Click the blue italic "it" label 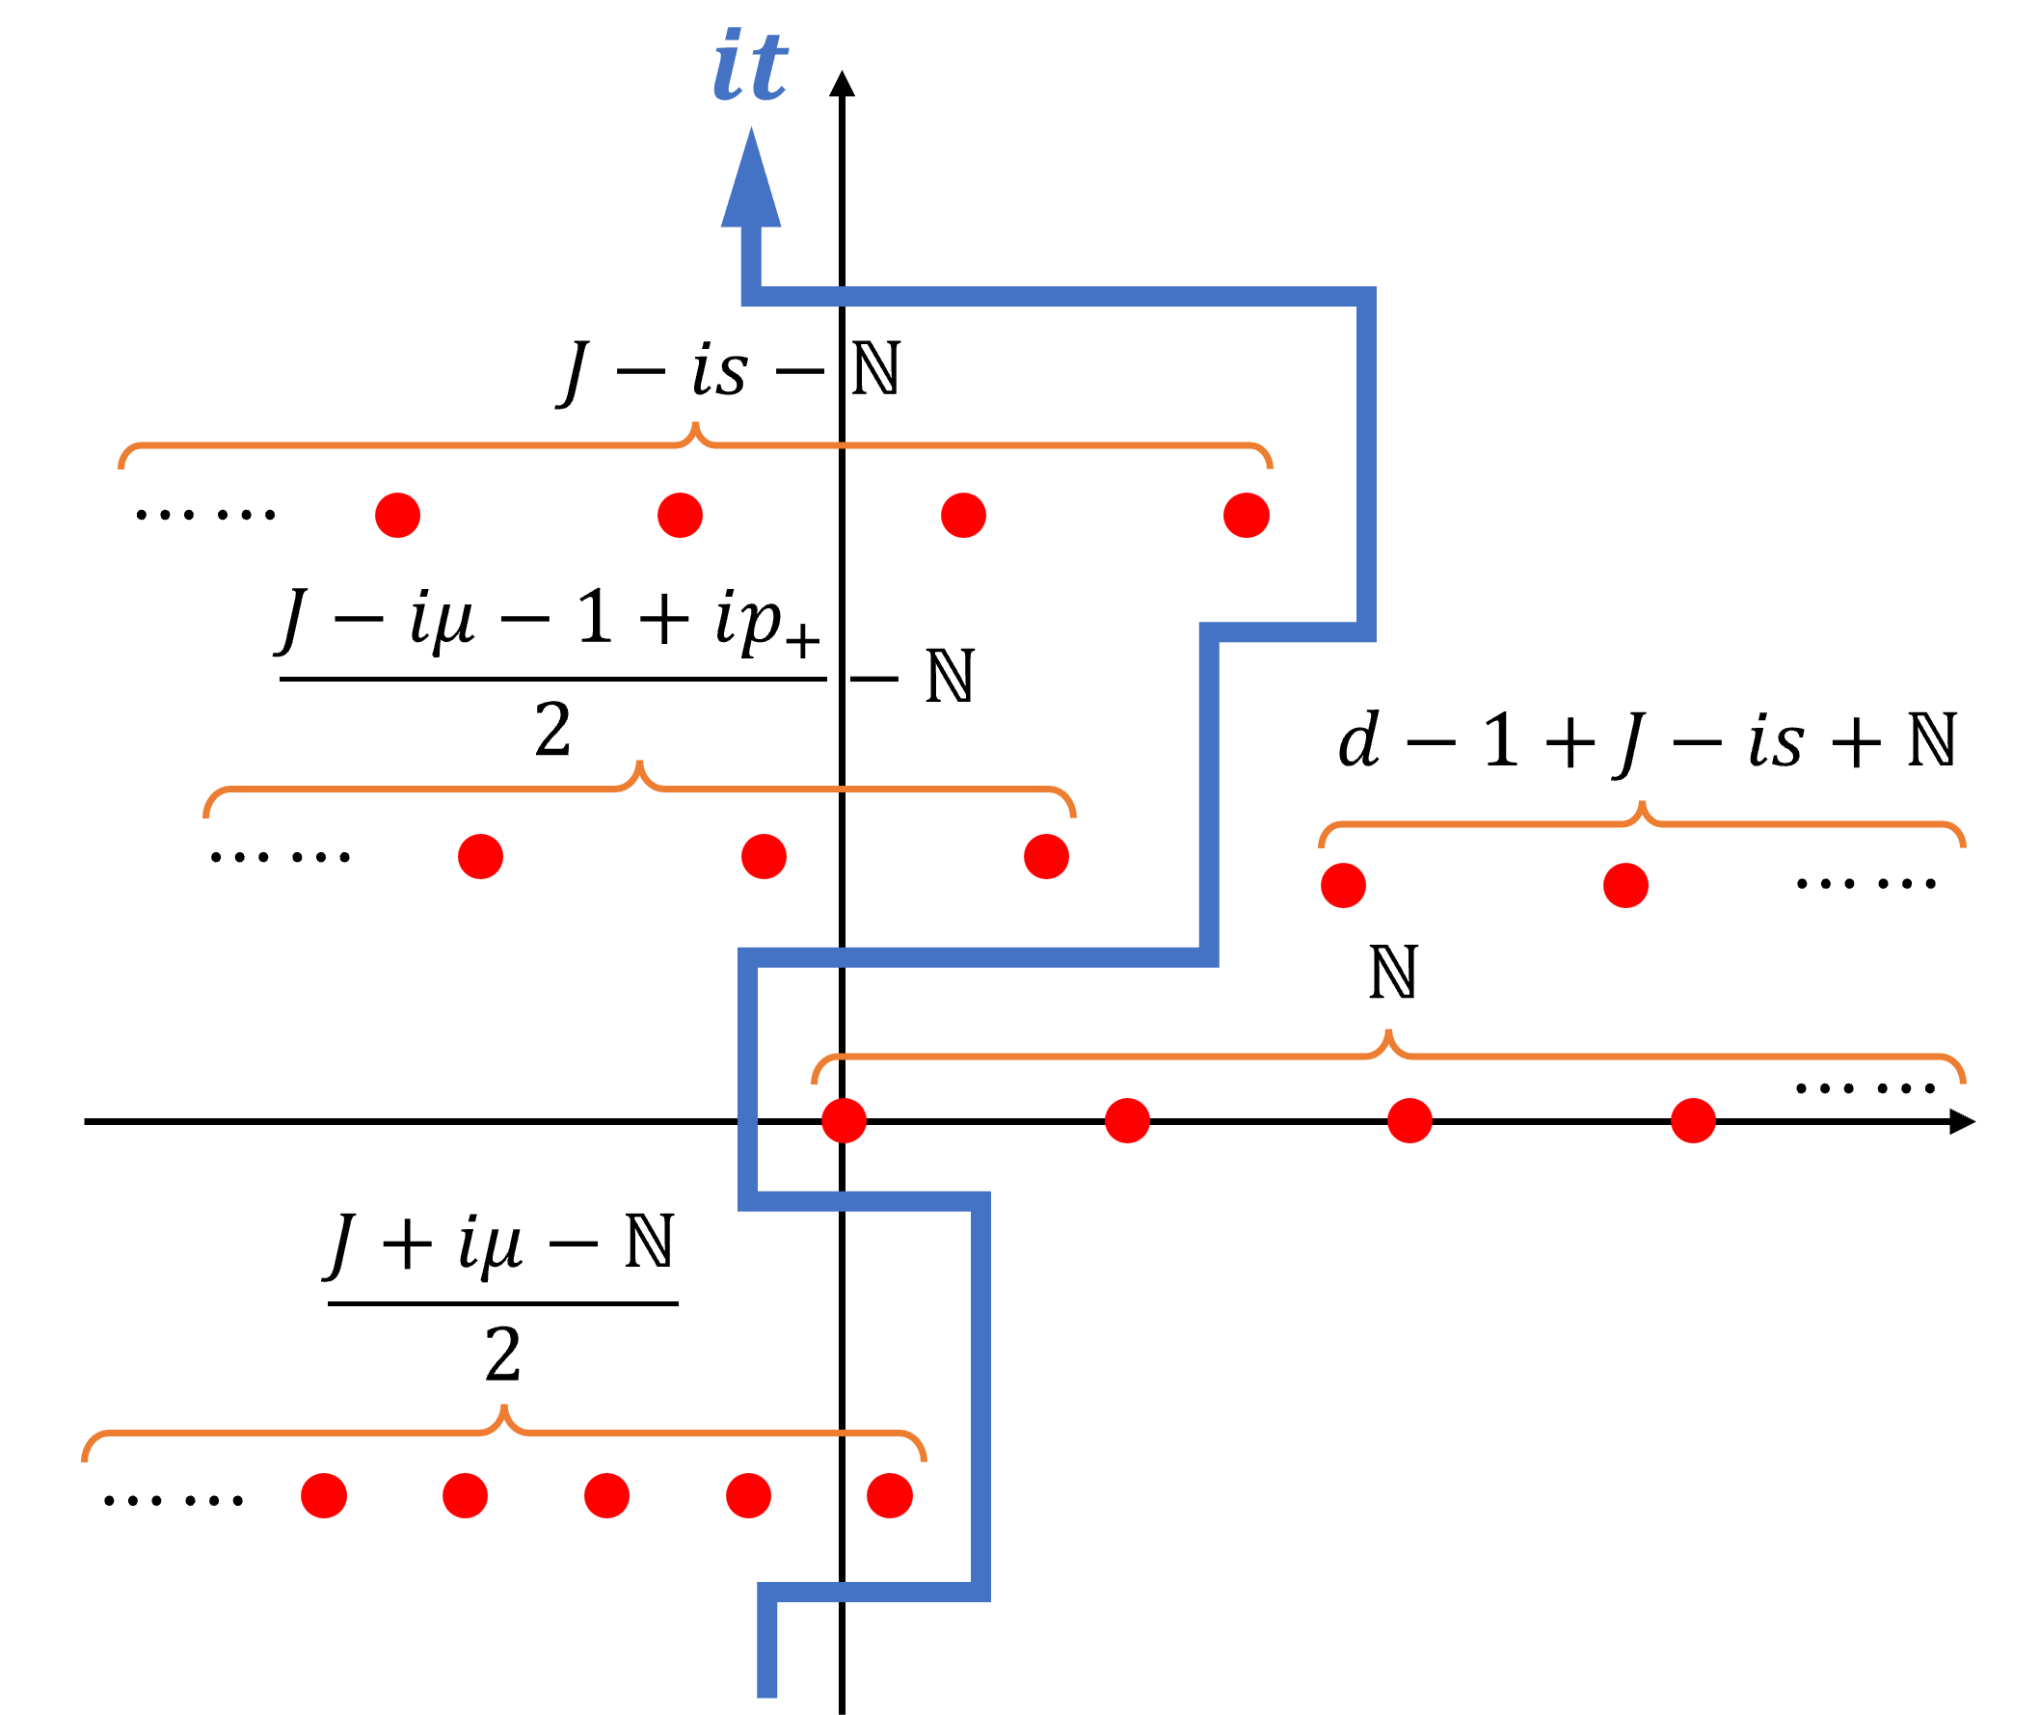tap(750, 67)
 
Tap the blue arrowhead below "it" tap(751, 185)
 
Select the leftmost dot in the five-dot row tap(324, 1495)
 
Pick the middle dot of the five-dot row tap(606, 1495)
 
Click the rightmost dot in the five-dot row tap(890, 1495)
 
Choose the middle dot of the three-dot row tap(764, 856)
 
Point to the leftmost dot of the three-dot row tap(480, 856)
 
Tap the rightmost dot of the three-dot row tap(1046, 856)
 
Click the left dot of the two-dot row tap(1343, 886)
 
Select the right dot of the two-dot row tap(1625, 886)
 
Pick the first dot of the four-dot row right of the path tap(844, 1121)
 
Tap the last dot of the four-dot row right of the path tap(1693, 1121)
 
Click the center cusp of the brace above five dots tap(503, 1408)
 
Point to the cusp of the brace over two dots tap(1641, 805)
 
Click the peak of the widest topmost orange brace tap(695, 426)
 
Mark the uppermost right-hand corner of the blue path tap(1366, 297)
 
